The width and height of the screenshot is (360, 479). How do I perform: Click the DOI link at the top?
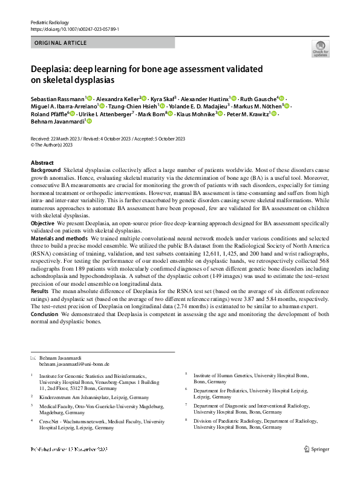pos(68,28)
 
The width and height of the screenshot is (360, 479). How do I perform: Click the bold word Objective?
pos(42,223)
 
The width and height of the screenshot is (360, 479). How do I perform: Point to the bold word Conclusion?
pos(45,313)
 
